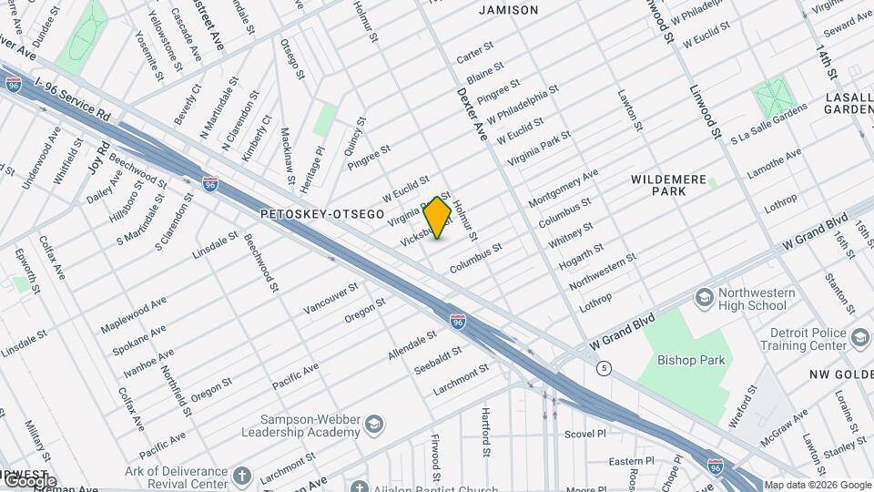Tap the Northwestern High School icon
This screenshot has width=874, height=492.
point(703,297)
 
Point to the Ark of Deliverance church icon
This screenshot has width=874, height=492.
point(241,476)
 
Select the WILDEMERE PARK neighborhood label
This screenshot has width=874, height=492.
point(668,187)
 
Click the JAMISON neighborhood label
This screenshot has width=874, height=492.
point(508,10)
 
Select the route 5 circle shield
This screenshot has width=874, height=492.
point(605,367)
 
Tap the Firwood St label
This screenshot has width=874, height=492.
point(436,456)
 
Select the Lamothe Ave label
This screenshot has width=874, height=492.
point(774,164)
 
